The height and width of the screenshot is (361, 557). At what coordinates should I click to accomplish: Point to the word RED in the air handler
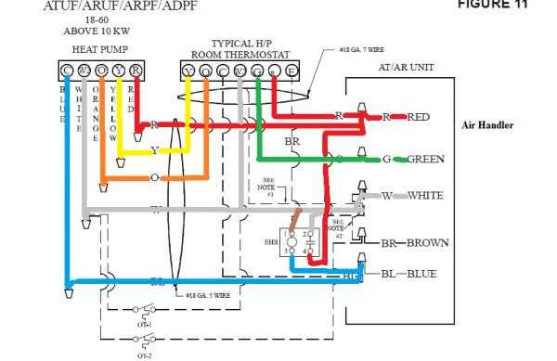click(x=419, y=117)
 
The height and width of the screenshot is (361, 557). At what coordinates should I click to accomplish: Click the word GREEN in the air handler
click(x=424, y=160)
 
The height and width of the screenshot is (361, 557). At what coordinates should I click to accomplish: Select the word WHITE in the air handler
click(x=423, y=196)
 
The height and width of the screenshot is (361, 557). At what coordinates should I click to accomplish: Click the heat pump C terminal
click(x=68, y=70)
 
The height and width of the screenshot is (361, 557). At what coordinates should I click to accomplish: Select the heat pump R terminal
click(x=136, y=70)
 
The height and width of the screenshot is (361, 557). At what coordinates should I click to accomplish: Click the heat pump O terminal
click(x=102, y=70)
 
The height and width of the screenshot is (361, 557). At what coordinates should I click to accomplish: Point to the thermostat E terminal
click(x=292, y=70)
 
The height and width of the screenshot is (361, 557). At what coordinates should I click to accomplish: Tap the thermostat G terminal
click(x=257, y=70)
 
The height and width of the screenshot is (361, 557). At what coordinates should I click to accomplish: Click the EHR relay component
click(x=299, y=244)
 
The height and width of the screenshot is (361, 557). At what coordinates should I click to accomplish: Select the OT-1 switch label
click(x=143, y=325)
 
